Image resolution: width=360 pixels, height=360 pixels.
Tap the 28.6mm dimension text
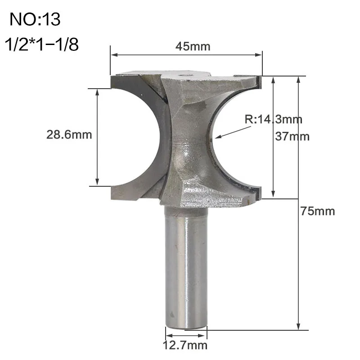point(69,135)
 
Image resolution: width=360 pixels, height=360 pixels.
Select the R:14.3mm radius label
point(273,119)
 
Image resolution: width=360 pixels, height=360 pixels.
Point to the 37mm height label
point(292,136)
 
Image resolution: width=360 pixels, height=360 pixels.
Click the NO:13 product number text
point(35,19)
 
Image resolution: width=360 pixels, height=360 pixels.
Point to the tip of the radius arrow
point(216,137)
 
